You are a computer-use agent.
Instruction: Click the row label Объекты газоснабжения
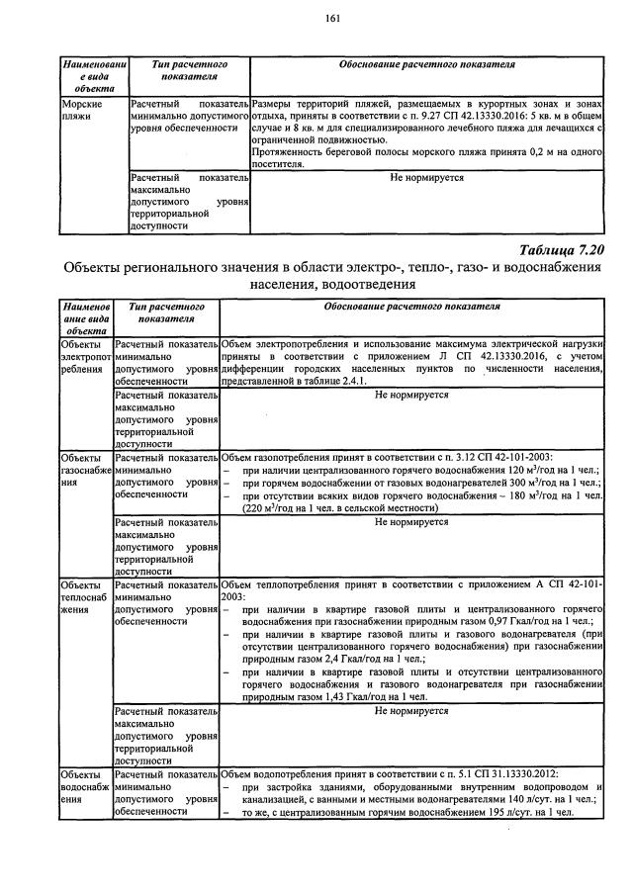click(x=86, y=471)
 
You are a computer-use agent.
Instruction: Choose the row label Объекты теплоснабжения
click(x=86, y=598)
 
